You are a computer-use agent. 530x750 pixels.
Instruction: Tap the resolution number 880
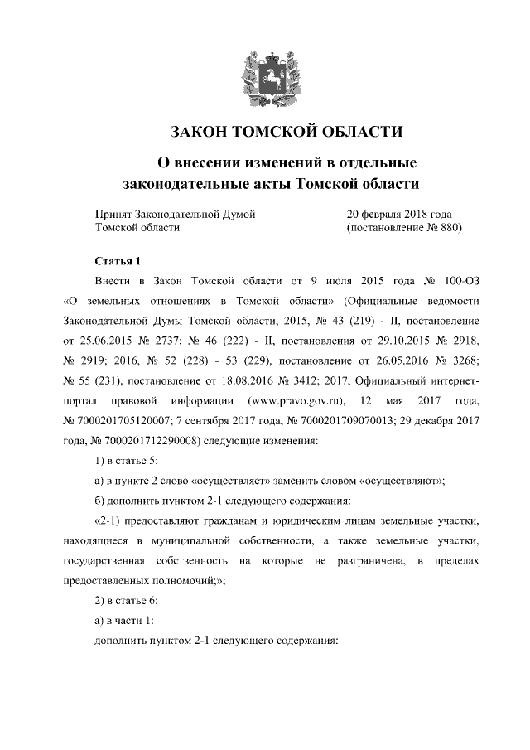446,226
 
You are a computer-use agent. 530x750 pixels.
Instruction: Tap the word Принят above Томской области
113,213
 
